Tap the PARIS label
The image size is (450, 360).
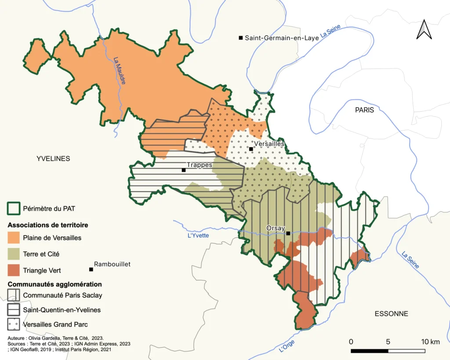364,110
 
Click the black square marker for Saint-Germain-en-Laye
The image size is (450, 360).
241,38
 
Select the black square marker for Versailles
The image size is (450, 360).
251,149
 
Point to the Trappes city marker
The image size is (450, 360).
184,170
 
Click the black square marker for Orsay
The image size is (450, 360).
288,233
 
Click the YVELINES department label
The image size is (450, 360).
53,159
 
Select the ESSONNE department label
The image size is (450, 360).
391,314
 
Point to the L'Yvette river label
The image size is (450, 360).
198,235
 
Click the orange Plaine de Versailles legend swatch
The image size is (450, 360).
14,238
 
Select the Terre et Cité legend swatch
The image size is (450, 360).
14,254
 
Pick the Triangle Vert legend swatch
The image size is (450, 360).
14,270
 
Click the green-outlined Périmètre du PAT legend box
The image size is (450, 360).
14,208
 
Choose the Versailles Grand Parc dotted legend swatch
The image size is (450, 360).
14,325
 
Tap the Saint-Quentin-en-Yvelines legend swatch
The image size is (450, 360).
14,310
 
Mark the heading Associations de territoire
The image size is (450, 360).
48,225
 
